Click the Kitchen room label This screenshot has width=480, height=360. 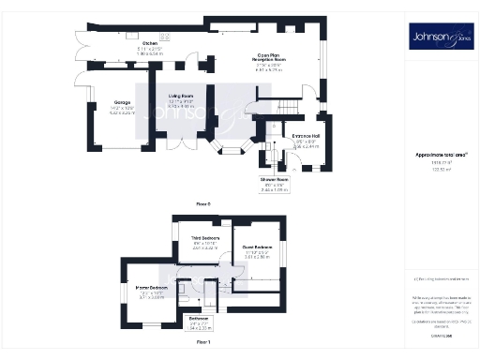point(149,44)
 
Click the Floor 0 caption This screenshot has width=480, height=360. point(202,202)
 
